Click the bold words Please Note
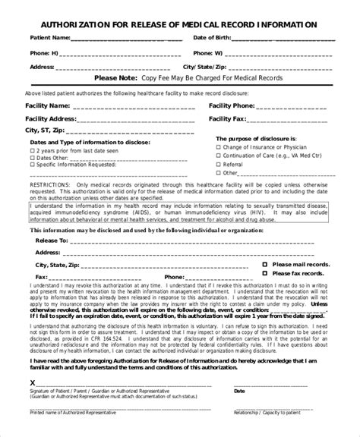point(115,77)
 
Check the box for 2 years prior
point(33,151)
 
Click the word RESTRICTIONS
point(51,184)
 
